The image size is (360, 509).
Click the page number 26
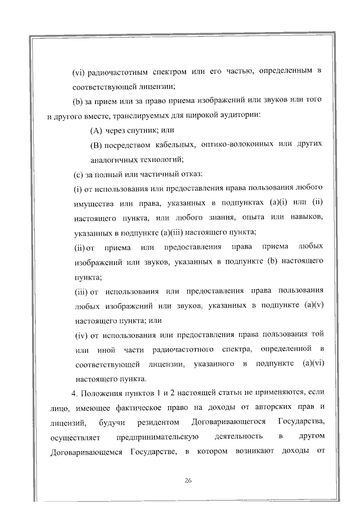[188, 479]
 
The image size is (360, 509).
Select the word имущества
[92, 203]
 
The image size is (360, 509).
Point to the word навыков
[305, 218]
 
